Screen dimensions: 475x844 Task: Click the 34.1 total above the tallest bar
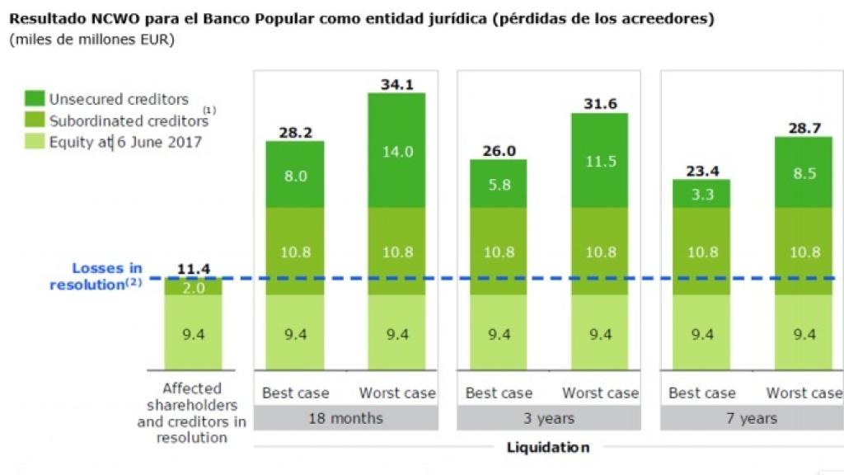[x=396, y=83]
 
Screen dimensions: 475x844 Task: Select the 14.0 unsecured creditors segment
[x=396, y=151]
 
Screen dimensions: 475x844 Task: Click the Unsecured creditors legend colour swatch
[x=35, y=100]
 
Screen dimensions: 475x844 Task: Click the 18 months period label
[x=345, y=418]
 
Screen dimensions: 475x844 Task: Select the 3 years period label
[x=548, y=418]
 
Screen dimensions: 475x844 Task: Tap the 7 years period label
[x=752, y=418]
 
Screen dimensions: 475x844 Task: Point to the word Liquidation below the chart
[x=548, y=448]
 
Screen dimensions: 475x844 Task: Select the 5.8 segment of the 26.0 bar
[x=499, y=185]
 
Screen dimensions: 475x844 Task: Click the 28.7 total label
[x=803, y=127]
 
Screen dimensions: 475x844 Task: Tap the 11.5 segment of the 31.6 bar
[x=600, y=161]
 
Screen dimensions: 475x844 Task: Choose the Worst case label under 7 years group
[x=804, y=393]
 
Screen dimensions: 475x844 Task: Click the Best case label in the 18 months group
[x=295, y=393]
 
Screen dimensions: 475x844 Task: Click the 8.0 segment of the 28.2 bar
[x=295, y=175]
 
